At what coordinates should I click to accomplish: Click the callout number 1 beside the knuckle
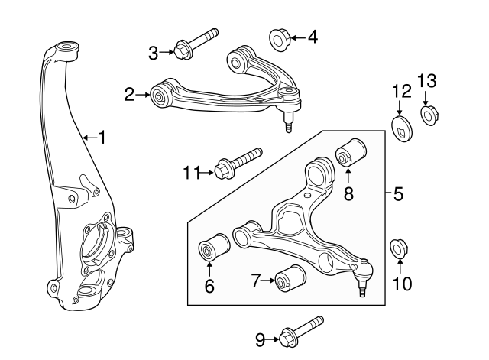pyautogui.click(x=102, y=138)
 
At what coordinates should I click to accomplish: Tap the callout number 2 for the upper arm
pyautogui.click(x=129, y=95)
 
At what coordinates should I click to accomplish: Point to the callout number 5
pyautogui.click(x=398, y=194)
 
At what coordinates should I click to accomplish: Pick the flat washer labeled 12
pyautogui.click(x=401, y=129)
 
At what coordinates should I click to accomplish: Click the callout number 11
pyautogui.click(x=190, y=173)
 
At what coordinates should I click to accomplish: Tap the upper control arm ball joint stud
pyautogui.click(x=288, y=121)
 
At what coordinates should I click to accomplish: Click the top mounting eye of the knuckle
pyautogui.click(x=65, y=50)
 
